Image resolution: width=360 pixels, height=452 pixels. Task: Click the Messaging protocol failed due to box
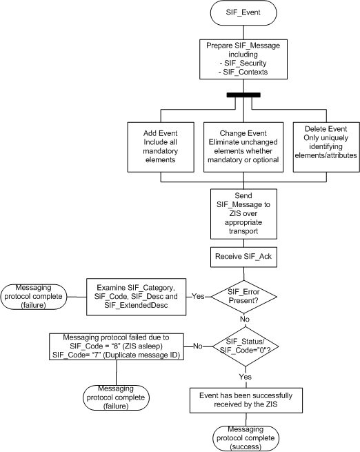click(113, 345)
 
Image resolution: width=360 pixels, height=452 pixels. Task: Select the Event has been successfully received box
click(247, 399)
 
